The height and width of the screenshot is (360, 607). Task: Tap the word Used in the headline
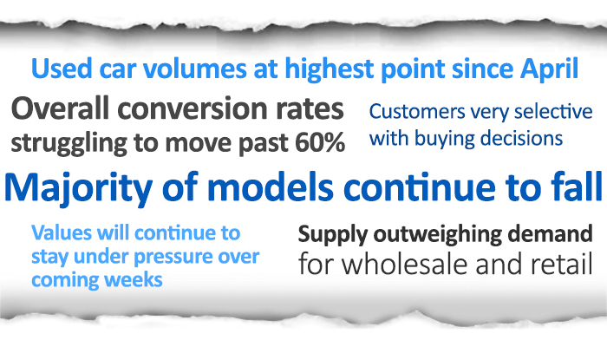click(62, 69)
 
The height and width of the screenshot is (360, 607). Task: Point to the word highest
click(330, 69)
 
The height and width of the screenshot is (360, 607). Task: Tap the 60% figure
click(320, 143)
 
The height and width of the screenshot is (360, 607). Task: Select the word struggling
click(69, 144)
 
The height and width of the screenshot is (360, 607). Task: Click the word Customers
click(417, 112)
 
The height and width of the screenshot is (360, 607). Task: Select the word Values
click(62, 233)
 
